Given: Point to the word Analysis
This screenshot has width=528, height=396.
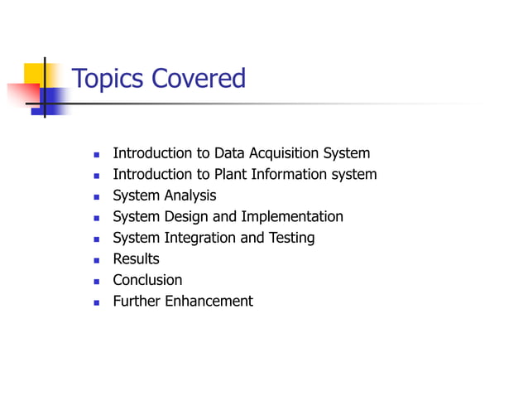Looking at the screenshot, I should point(190,196).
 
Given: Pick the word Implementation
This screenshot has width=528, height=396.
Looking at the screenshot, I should point(292,216).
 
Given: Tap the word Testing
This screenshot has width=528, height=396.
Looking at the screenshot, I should point(290,238).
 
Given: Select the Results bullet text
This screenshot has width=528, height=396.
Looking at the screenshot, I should point(136,259).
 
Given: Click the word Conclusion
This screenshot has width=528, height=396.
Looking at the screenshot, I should point(147,280).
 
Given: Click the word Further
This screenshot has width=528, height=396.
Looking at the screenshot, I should point(137,301).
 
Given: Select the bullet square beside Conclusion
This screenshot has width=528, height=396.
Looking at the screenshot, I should point(96,281).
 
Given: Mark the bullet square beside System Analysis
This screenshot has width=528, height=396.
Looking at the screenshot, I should point(96,196).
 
